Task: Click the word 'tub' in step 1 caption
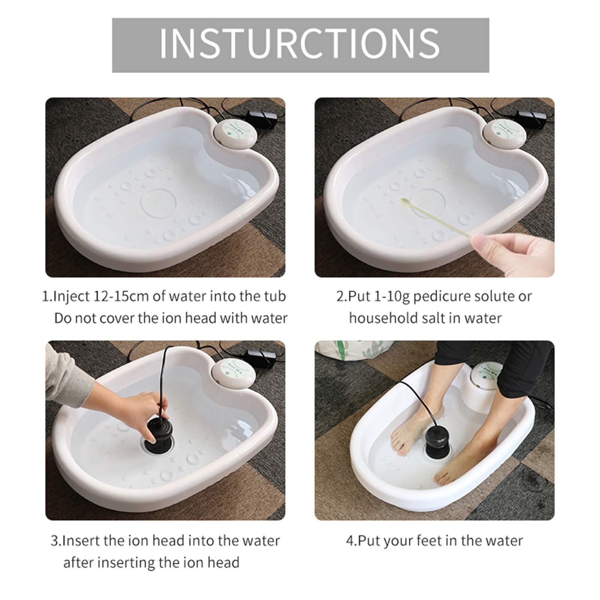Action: coord(274,296)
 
